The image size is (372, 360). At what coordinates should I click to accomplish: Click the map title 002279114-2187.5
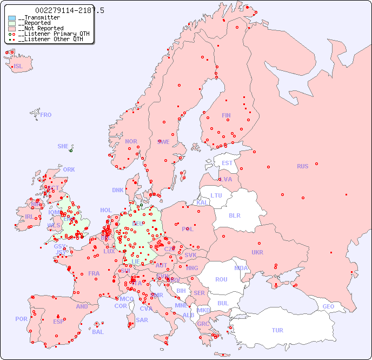click(70, 10)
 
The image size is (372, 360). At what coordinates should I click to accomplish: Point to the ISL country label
click(18, 67)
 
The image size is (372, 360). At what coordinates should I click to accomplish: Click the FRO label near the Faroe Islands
click(46, 115)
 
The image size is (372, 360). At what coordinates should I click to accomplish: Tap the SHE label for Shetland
click(63, 146)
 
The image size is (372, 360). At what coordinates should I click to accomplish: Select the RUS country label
click(302, 166)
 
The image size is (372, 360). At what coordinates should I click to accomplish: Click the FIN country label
click(226, 115)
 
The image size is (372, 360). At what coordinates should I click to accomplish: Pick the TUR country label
click(277, 330)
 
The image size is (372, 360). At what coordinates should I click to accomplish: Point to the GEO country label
click(328, 306)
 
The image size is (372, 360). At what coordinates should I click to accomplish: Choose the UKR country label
click(257, 252)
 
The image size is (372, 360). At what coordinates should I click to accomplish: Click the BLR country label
click(234, 215)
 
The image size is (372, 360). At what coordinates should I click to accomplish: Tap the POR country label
click(21, 319)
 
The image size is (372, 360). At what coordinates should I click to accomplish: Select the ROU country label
click(221, 279)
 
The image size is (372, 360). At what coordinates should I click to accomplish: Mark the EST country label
click(227, 163)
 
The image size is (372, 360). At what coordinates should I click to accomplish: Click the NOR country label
click(131, 141)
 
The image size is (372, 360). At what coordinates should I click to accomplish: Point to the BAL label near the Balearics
click(97, 332)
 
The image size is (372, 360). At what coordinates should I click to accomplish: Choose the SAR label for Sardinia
click(142, 320)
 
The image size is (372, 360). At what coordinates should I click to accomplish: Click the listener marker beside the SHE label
click(71, 150)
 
